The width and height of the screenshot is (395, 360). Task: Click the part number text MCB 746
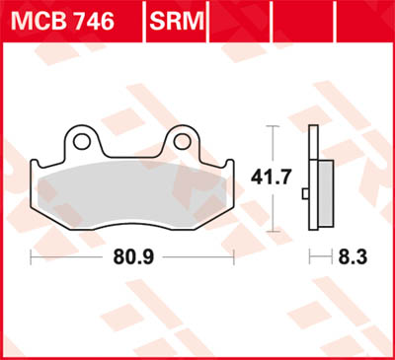tap(71, 20)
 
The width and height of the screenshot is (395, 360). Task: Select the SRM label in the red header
tap(179, 20)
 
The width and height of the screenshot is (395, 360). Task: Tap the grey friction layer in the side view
tap(318, 192)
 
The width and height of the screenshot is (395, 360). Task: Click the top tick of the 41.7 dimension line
tap(273, 127)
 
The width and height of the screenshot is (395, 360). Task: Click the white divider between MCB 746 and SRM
tap(143, 20)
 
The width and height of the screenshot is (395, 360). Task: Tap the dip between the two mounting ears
tap(129, 156)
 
